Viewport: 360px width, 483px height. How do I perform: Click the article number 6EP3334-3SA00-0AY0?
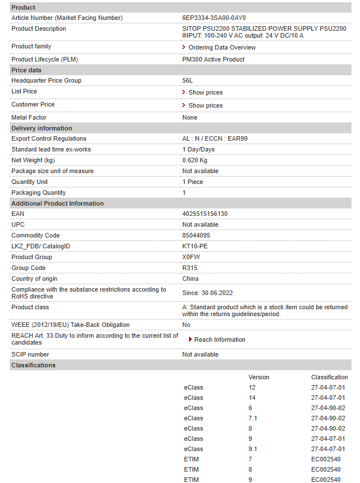click(x=214, y=18)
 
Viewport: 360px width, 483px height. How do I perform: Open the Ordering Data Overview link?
click(x=222, y=47)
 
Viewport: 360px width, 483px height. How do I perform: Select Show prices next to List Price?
click(x=205, y=92)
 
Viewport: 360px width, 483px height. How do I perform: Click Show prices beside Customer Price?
click(x=205, y=105)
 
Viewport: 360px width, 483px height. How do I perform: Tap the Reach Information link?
click(x=219, y=339)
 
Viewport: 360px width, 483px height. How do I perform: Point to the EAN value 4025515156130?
click(x=204, y=214)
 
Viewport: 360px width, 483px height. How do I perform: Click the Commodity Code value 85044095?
click(x=196, y=235)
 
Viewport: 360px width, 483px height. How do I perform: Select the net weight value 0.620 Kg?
click(x=195, y=160)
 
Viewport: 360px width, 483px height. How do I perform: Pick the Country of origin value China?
click(x=190, y=279)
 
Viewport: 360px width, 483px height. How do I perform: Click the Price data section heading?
click(x=26, y=70)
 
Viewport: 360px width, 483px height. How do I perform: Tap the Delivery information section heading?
click(x=42, y=128)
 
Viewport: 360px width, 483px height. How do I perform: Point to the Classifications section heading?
click(x=34, y=365)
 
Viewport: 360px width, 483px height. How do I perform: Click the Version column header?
click(x=259, y=377)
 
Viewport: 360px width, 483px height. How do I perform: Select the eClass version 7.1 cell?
click(x=253, y=418)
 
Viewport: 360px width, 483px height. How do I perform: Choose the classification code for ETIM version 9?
click(x=325, y=480)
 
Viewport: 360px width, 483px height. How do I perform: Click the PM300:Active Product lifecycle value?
click(x=213, y=59)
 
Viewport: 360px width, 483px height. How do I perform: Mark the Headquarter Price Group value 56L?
click(x=187, y=80)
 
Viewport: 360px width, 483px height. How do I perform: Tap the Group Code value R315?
click(x=189, y=268)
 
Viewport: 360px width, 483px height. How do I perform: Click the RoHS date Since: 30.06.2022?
click(x=208, y=293)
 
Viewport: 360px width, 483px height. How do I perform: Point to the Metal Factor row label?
click(x=29, y=117)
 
